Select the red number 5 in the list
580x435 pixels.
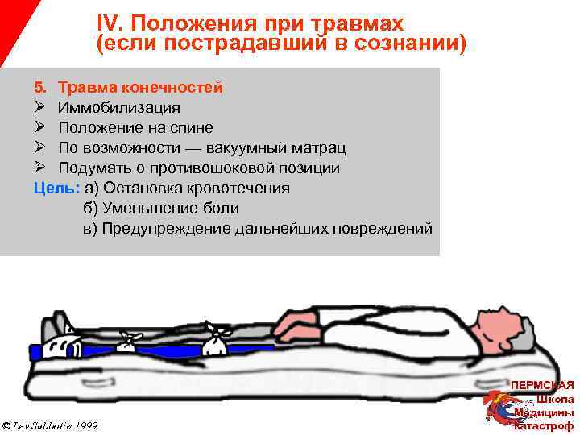(x=40, y=87)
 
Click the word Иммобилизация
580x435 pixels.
(x=118, y=107)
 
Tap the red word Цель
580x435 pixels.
(x=56, y=188)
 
